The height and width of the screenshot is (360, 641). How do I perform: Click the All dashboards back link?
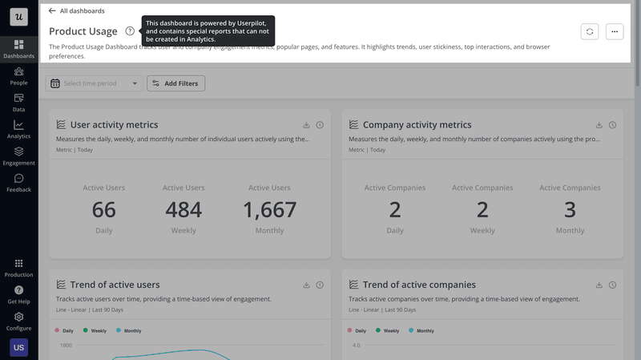pyautogui.click(x=77, y=11)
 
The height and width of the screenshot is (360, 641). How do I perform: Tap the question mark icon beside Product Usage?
pyautogui.click(x=130, y=31)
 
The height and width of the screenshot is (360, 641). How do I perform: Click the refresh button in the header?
pyautogui.click(x=590, y=31)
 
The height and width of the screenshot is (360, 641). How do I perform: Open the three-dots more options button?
pyautogui.click(x=615, y=31)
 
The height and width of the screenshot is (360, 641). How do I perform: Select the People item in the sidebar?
pyautogui.click(x=18, y=75)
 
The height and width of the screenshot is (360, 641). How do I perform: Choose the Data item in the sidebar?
pyautogui.click(x=18, y=102)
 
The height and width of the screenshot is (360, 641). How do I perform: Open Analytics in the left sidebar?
pyautogui.click(x=18, y=129)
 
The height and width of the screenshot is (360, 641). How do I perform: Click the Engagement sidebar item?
pyautogui.click(x=18, y=156)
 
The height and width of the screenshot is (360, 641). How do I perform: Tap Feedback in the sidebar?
pyautogui.click(x=18, y=183)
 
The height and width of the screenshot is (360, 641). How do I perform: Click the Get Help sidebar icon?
pyautogui.click(x=18, y=293)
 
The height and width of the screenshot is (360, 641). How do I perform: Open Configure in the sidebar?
pyautogui.click(x=18, y=321)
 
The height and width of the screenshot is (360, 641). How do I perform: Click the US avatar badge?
pyautogui.click(x=18, y=347)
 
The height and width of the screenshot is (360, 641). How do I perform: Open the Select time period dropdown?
pyautogui.click(x=95, y=83)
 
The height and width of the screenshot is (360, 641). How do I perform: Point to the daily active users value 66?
pyautogui.click(x=103, y=210)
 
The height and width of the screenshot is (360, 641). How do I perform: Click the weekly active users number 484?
pyautogui.click(x=183, y=210)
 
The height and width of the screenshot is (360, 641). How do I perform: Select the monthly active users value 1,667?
pyautogui.click(x=269, y=210)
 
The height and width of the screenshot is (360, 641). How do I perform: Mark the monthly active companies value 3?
pyautogui.click(x=570, y=210)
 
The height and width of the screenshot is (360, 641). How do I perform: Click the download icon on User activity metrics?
pyautogui.click(x=306, y=125)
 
